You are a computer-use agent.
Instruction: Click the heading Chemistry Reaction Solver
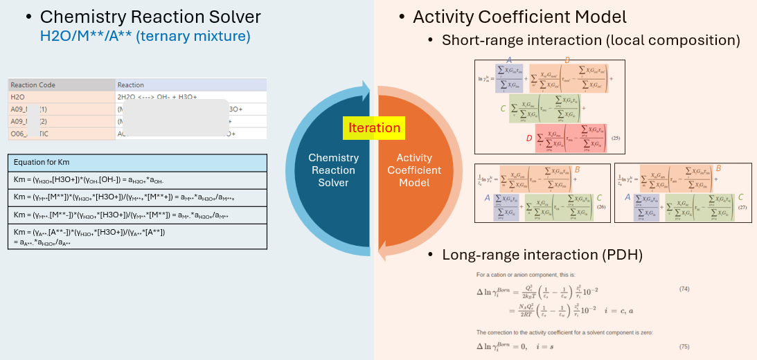click(150, 17)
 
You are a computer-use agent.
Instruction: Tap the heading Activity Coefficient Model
click(519, 17)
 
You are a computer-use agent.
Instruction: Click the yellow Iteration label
click(374, 127)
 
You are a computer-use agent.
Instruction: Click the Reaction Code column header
click(33, 85)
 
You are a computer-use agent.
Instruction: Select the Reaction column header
click(132, 85)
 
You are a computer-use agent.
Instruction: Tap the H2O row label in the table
click(18, 98)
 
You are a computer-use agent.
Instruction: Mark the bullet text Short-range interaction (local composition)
click(591, 40)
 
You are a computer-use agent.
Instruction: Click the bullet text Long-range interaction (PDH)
click(542, 255)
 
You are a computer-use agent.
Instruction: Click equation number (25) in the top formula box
click(615, 138)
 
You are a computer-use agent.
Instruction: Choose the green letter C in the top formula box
click(503, 109)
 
